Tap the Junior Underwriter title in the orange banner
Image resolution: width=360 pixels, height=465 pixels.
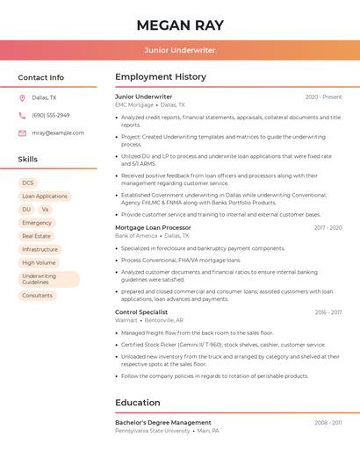point(180,50)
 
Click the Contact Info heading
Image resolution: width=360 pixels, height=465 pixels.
point(41,77)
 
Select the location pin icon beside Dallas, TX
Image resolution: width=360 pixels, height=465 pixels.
point(22,98)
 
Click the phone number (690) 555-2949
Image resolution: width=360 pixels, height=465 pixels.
point(51,116)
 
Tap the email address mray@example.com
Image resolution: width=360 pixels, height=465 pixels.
point(58,133)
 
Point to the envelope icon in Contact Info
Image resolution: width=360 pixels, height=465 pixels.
point(22,133)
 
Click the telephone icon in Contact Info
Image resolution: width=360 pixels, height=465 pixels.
point(22,116)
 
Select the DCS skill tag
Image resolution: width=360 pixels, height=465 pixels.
point(28,183)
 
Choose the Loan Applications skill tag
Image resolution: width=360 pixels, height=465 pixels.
point(45,197)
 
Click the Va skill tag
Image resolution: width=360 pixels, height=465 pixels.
point(45,210)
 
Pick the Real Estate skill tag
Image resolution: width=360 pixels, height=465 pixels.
point(36,236)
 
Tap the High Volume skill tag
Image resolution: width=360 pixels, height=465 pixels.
point(39,262)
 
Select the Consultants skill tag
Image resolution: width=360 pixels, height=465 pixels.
point(37,296)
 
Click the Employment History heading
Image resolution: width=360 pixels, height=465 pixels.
point(161,77)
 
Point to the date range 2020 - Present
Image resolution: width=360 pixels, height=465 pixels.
point(323,97)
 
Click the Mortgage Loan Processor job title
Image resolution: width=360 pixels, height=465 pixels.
point(153,227)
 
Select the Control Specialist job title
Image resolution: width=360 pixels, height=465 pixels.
point(141,312)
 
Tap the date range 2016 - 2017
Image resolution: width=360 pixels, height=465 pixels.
point(328,312)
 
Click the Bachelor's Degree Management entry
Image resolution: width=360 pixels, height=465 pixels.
point(163,423)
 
